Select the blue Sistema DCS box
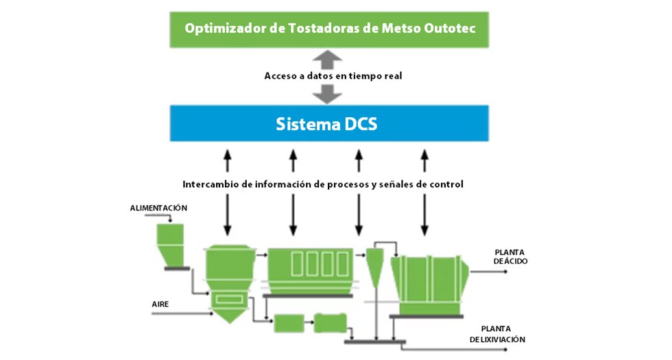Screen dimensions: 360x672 (x=329, y=124)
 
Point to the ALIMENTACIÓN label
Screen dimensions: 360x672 (x=158, y=208)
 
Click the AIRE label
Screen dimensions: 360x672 (x=160, y=302)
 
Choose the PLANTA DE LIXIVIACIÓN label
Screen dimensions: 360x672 (x=498, y=334)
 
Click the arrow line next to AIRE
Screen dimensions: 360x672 (x=182, y=314)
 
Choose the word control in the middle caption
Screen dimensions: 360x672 (x=445, y=184)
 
